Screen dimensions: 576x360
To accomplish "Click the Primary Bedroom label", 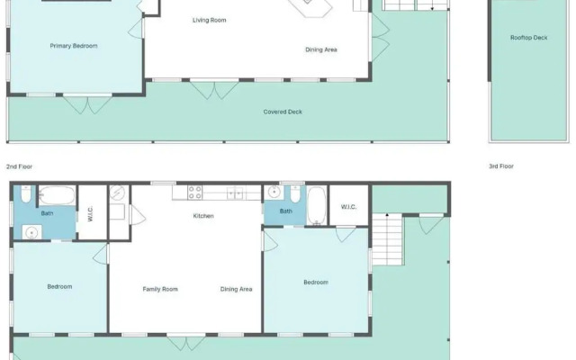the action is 74,46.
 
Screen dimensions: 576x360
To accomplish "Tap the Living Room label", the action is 210,20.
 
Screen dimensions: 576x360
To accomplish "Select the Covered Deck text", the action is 283,112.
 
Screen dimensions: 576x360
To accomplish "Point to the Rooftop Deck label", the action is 528,38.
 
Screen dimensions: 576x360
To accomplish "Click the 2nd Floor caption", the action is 19,166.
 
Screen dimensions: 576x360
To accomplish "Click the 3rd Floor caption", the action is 501,166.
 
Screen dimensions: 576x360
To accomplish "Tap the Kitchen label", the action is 203,216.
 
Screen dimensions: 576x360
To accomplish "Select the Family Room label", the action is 160,290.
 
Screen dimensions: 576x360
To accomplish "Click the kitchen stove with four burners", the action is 195,193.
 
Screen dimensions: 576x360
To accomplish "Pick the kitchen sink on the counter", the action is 234,193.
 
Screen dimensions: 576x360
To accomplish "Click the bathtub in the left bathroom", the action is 57,195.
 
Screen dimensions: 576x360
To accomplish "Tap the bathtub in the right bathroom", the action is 317,206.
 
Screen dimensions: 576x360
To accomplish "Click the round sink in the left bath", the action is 32,233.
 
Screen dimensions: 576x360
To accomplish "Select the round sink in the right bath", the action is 274,192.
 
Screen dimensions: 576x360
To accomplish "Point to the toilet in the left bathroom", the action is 26,194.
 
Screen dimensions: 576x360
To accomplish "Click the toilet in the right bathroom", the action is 295,194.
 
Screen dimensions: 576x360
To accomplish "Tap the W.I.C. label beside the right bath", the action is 348,207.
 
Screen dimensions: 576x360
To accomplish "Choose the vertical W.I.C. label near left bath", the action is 90,214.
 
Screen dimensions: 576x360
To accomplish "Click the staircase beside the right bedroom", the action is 388,239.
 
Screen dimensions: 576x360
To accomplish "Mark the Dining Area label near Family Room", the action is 236,290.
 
